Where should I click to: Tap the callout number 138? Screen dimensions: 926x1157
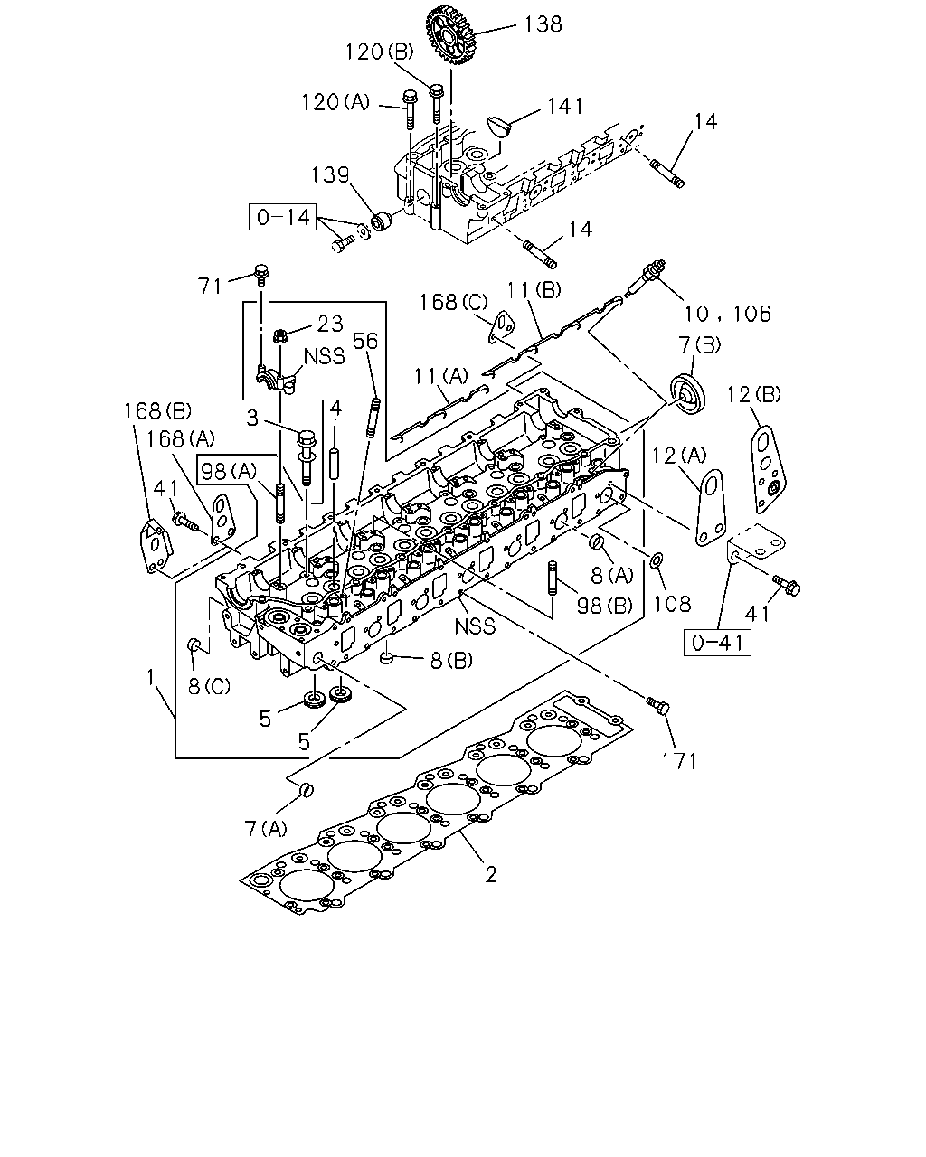click(543, 24)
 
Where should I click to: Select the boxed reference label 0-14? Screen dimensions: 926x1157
click(282, 217)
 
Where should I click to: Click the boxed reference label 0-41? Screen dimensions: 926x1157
click(717, 643)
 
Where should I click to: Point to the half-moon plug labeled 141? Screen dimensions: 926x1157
click(498, 127)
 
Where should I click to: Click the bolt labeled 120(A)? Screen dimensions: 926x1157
click(410, 110)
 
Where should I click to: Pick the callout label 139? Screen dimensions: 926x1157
click(330, 174)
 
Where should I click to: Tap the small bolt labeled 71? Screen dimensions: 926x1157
click(261, 275)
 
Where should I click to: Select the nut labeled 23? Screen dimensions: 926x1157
click(279, 336)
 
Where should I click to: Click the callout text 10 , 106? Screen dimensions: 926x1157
click(727, 314)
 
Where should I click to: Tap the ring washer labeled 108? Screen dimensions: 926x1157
click(657, 560)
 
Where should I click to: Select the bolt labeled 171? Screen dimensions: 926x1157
click(657, 705)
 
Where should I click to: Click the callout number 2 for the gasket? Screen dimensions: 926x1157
click(490, 875)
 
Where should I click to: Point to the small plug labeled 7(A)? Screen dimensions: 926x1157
click(307, 790)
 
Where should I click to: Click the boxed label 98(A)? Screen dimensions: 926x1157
click(228, 472)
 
